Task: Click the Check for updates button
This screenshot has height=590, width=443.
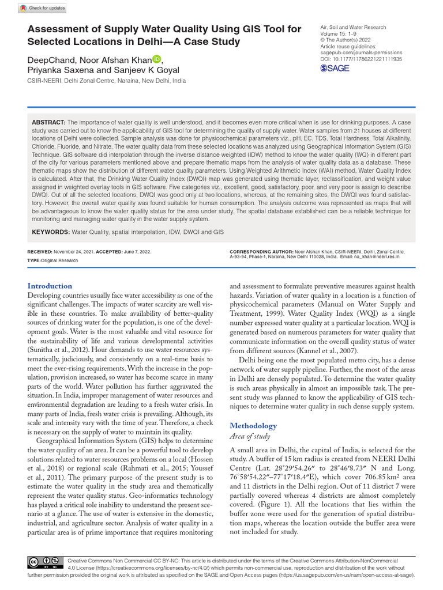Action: pos(43,8)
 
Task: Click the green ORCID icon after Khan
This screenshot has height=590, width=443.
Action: pos(157,59)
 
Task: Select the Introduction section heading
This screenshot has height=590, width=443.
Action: pos(50,286)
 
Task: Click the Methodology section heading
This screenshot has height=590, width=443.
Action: pos(253,426)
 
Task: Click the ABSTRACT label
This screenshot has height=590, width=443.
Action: pos(49,123)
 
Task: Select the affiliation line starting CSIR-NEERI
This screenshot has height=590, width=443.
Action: pos(107,81)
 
